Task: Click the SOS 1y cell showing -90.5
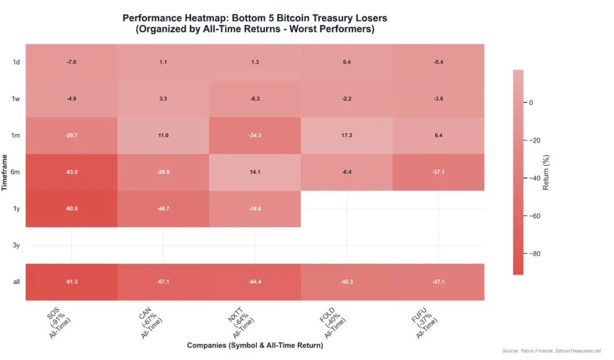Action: [x=72, y=209]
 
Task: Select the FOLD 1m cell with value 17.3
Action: [x=347, y=135]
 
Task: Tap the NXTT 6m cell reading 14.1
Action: [x=255, y=172]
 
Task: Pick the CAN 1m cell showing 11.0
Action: [x=163, y=135]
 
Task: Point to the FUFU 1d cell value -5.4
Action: [x=438, y=61]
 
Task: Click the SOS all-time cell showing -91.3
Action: [x=72, y=282]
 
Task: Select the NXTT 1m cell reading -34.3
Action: [x=255, y=135]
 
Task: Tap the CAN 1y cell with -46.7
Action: [x=163, y=209]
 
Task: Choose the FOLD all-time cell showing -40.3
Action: [x=347, y=282]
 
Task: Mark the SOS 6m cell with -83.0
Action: [x=72, y=172]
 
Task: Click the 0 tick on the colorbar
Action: [x=532, y=102]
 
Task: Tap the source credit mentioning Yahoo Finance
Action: [x=551, y=351]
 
